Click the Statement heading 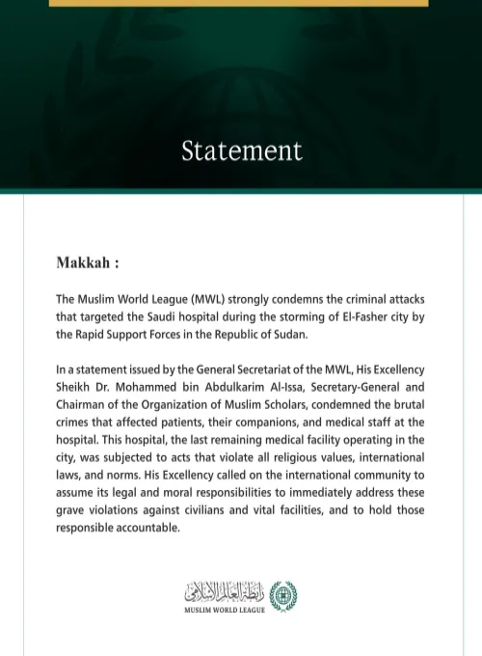pos(241,151)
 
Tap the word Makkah pos(85,262)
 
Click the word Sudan pos(289,335)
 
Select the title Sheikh pos(75,388)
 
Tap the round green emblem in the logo pos(283,594)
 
